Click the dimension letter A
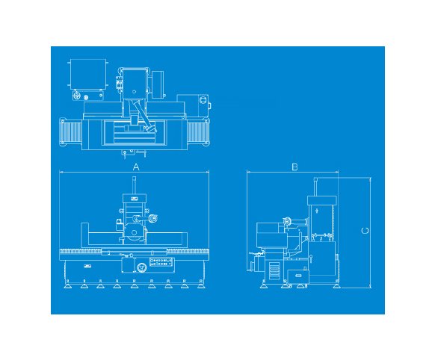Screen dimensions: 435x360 click(136, 167)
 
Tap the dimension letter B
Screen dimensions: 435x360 click(294, 167)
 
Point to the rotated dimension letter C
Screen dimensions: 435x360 click(365, 231)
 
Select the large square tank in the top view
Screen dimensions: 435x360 click(87, 74)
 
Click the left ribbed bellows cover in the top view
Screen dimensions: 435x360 click(71, 132)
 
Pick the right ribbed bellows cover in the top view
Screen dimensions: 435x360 click(198, 132)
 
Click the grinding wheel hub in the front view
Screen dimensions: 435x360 click(134, 232)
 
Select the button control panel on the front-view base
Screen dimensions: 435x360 click(161, 262)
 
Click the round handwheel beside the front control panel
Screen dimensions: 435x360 click(141, 267)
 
